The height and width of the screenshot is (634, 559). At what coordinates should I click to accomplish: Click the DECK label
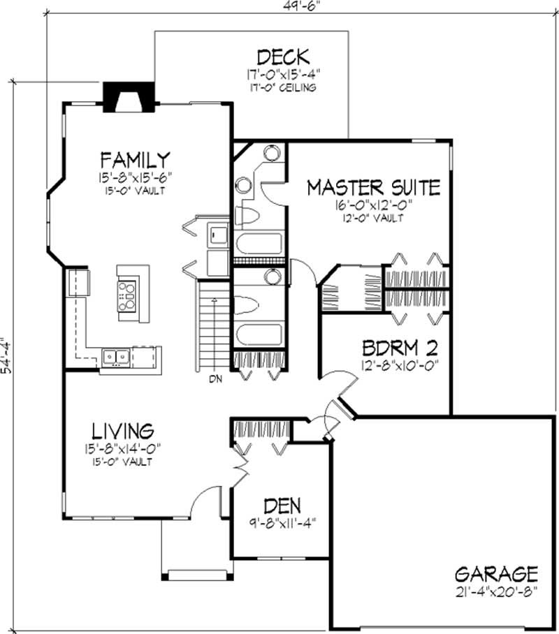[282, 56]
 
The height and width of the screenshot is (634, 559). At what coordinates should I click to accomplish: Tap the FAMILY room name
[134, 159]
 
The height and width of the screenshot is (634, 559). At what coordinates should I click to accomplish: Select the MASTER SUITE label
[374, 187]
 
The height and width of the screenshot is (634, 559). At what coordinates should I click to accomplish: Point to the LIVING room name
[123, 429]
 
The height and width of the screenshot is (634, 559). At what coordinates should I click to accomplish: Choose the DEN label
[282, 504]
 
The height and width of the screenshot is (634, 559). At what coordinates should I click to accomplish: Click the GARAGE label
[496, 574]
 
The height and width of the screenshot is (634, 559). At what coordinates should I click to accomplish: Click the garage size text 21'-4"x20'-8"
[496, 591]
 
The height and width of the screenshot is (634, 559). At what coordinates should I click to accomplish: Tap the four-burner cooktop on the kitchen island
[128, 295]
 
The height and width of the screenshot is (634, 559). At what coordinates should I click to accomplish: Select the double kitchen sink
[116, 357]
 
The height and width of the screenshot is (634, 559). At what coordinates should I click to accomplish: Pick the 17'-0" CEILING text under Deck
[282, 88]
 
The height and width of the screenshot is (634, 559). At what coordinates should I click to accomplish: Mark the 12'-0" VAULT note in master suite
[375, 218]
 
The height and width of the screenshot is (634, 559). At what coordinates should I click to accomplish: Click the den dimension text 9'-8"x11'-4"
[282, 521]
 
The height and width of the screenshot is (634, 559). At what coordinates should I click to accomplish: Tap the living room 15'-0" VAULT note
[123, 462]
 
